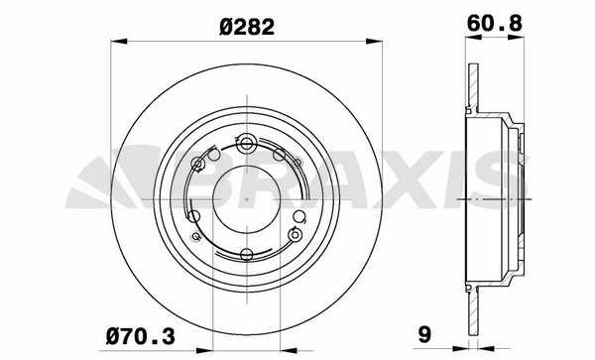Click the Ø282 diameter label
point(247,28)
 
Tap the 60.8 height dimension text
point(495,24)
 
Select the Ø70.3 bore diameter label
point(141,336)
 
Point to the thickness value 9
point(424,335)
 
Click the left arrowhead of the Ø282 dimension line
point(118,41)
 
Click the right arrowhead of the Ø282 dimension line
point(374,41)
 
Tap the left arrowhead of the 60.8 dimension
point(473,38)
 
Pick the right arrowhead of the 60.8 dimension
point(517,38)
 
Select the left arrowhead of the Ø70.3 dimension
point(205,350)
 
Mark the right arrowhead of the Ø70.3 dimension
point(289,350)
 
